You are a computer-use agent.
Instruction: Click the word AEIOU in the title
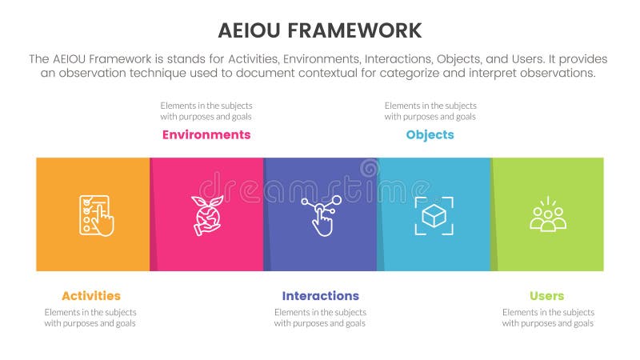point(250,31)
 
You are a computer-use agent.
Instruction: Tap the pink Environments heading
point(206,134)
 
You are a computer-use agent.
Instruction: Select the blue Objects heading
point(430,134)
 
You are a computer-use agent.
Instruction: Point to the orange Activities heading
point(90,296)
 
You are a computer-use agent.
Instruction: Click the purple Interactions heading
point(320,296)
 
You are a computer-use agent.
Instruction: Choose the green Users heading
point(547,296)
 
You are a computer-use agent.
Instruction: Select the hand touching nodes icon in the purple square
point(320,214)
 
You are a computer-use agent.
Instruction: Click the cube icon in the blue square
point(434,215)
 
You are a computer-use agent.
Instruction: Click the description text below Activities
point(90,318)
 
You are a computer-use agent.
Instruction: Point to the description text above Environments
point(206,110)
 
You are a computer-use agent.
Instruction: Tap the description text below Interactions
point(320,318)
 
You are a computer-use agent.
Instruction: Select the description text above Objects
point(430,110)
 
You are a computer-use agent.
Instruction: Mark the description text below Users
point(547,318)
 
